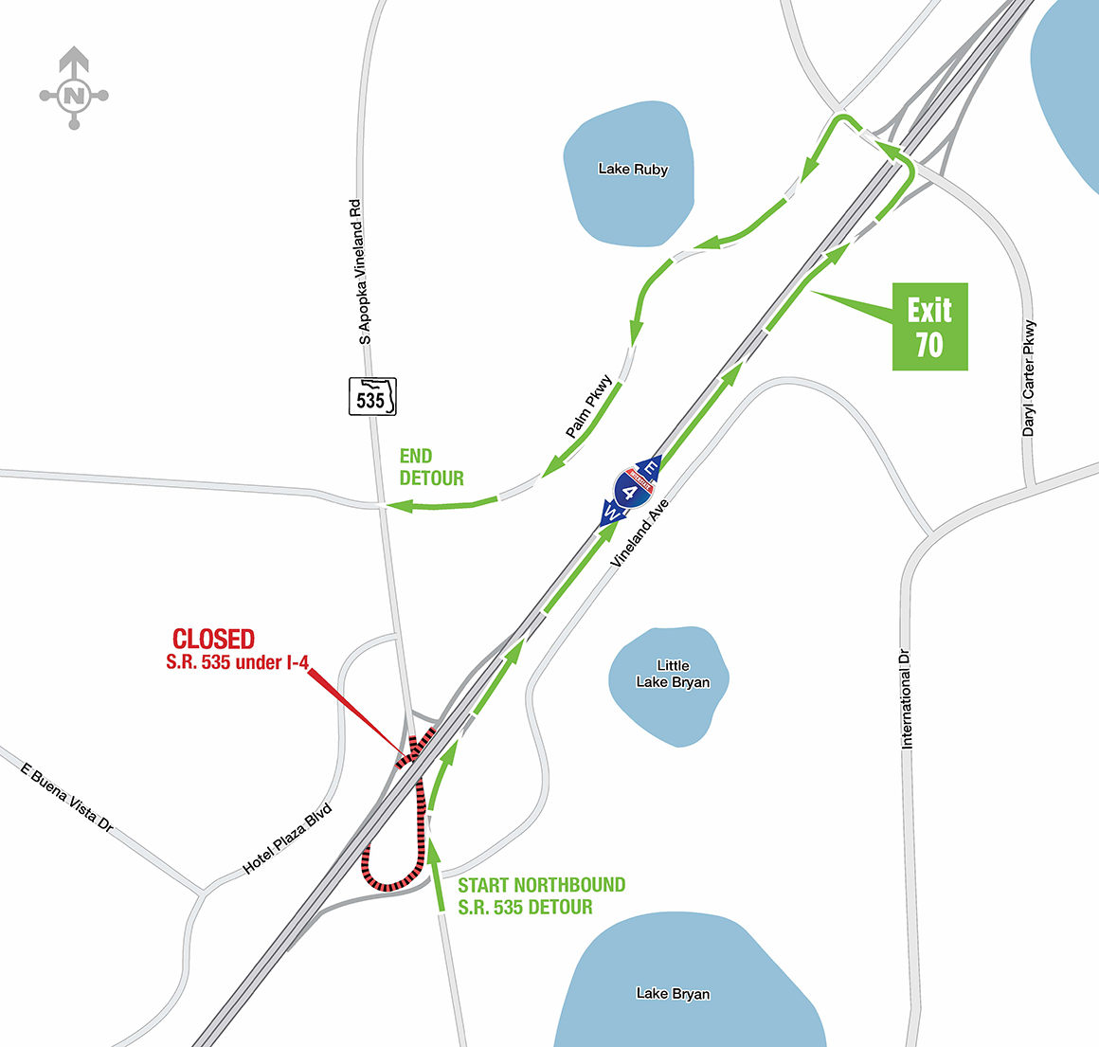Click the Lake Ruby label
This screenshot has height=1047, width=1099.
[x=633, y=170]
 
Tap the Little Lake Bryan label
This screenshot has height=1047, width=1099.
[x=673, y=674]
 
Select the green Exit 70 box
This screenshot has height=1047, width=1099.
[x=929, y=327]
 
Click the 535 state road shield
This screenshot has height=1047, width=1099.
[x=371, y=397]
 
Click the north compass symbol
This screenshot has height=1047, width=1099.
[x=74, y=95]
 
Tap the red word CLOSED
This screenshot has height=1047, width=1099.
[x=213, y=640]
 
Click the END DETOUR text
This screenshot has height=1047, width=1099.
[x=431, y=468]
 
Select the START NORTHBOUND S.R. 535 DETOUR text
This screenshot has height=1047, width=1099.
[x=541, y=896]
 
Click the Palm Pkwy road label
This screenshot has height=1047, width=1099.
[x=589, y=407]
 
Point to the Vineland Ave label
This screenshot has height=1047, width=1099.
[x=640, y=533]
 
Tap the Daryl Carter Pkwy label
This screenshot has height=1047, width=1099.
[x=1029, y=379]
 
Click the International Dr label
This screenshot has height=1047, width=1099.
[x=907, y=698]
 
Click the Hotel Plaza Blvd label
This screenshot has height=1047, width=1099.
[x=288, y=839]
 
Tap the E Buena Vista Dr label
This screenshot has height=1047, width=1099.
[x=66, y=799]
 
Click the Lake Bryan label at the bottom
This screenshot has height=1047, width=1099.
[x=673, y=994]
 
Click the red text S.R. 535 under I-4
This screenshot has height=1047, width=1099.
[x=237, y=663]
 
